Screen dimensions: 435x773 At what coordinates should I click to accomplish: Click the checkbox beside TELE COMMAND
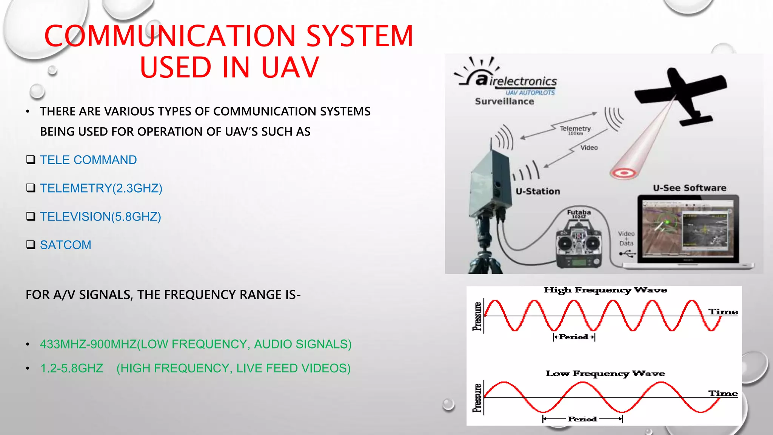31,160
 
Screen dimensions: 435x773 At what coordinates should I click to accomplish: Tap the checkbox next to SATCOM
31,245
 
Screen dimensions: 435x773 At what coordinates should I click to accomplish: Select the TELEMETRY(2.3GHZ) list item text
101,188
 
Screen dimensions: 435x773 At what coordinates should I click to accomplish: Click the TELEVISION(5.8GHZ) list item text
100,217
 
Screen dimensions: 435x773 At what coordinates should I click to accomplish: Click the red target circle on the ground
624,173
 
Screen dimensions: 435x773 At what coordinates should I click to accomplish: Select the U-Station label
538,191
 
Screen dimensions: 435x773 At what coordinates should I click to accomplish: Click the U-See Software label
690,188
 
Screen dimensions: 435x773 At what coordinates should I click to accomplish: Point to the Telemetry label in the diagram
575,129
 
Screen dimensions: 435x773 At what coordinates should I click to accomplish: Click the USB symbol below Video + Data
627,254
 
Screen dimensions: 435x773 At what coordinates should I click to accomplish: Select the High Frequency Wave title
605,290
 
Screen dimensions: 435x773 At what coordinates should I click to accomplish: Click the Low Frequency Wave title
605,373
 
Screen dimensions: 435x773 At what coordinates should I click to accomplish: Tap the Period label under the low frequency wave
582,419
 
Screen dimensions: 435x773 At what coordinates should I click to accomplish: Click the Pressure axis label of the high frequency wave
477,316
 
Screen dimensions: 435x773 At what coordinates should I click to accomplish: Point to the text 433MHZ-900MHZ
88,344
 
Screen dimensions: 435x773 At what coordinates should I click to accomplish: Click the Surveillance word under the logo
504,102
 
